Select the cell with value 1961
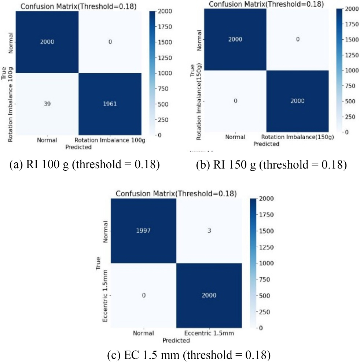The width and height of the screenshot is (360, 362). (110, 104)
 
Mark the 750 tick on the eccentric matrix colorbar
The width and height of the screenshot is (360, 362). (264, 280)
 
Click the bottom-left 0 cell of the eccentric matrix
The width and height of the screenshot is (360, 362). (144, 295)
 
